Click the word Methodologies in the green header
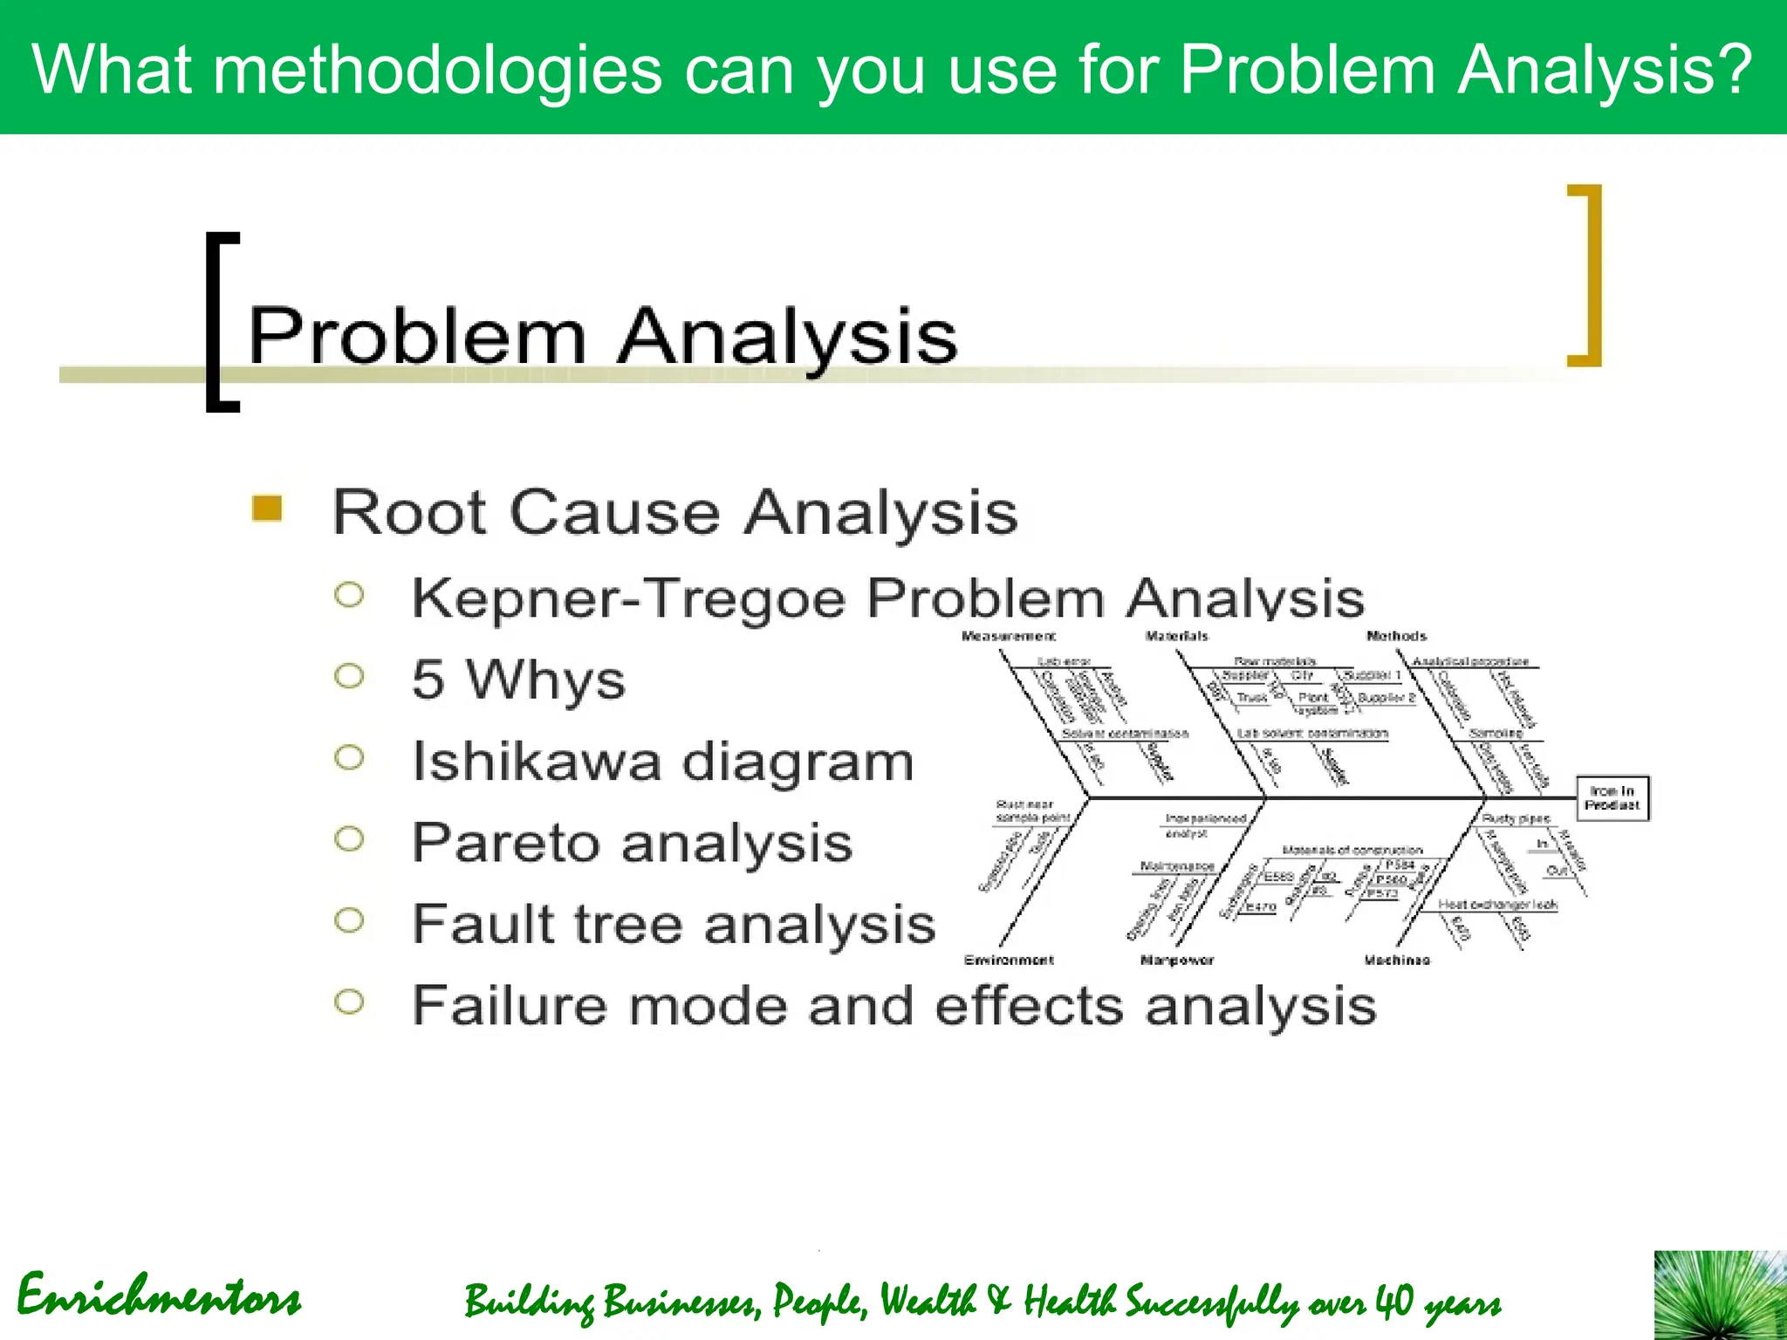[x=437, y=70]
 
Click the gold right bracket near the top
[x=1588, y=275]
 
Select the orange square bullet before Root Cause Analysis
[x=267, y=509]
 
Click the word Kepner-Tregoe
[x=628, y=599]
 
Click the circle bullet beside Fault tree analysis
[x=349, y=920]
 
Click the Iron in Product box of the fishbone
[x=1612, y=798]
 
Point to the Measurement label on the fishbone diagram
[x=1008, y=637]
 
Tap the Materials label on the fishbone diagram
[x=1176, y=637]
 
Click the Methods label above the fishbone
[x=1396, y=637]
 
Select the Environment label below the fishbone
[x=1009, y=961]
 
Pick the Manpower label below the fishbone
[x=1176, y=961]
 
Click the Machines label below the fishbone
[x=1397, y=961]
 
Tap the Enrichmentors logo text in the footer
[x=159, y=1297]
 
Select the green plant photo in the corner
[x=1720, y=1296]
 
